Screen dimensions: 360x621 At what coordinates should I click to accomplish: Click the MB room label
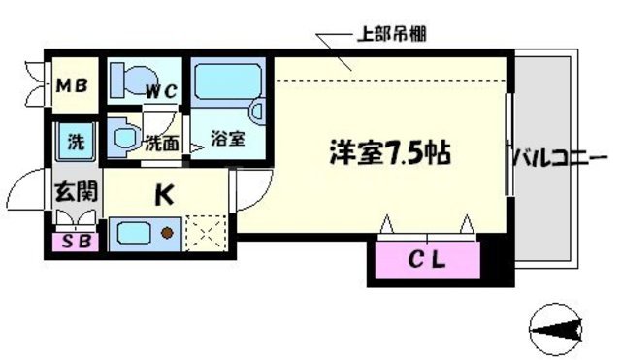pos(71,85)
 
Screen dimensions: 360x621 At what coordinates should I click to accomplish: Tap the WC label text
pos(161,93)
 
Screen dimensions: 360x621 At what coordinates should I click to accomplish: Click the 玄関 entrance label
pos(69,191)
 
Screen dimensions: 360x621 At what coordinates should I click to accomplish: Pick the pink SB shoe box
pos(73,241)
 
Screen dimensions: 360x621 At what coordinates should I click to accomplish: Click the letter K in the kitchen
pos(165,195)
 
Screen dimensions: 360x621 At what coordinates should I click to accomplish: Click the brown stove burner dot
pos(167,233)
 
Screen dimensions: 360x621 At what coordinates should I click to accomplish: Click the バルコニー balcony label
pos(560,155)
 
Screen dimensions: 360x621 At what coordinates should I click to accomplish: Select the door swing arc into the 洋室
pos(250,190)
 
